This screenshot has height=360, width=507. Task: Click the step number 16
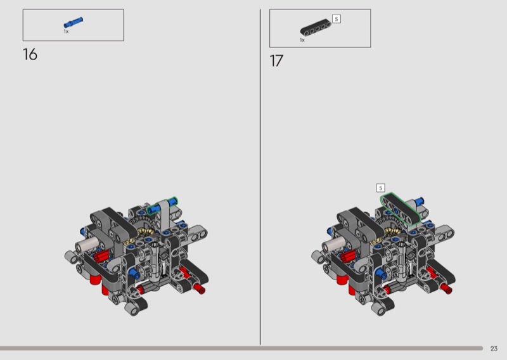click(30, 55)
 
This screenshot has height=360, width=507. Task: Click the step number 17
click(276, 61)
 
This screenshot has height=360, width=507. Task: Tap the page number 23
click(494, 349)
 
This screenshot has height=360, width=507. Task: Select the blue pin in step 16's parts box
click(73, 23)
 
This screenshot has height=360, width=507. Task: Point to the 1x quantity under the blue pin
click(66, 32)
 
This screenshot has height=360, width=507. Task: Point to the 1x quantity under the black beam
click(302, 40)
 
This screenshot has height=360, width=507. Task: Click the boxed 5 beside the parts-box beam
click(337, 19)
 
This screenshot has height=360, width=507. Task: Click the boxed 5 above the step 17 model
click(381, 188)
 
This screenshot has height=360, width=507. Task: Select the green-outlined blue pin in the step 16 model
click(162, 206)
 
